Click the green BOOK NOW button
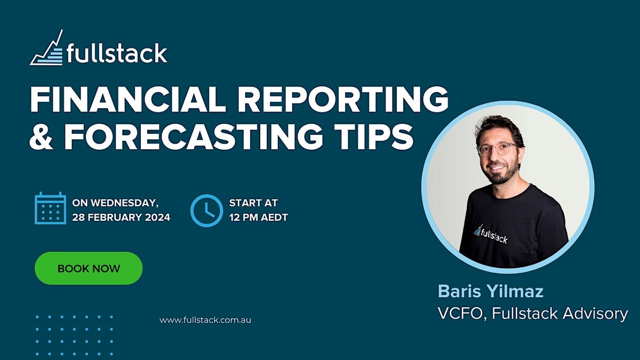point(89,268)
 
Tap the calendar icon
point(51,208)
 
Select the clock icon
point(206,210)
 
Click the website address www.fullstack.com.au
point(205,320)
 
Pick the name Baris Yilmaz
point(491,291)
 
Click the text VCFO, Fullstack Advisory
point(532,313)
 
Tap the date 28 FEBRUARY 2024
point(121,217)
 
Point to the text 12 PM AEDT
point(258,217)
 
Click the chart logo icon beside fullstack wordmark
point(47,50)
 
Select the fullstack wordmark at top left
point(117,53)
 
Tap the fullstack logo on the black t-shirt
point(491,233)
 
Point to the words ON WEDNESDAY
point(115,203)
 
